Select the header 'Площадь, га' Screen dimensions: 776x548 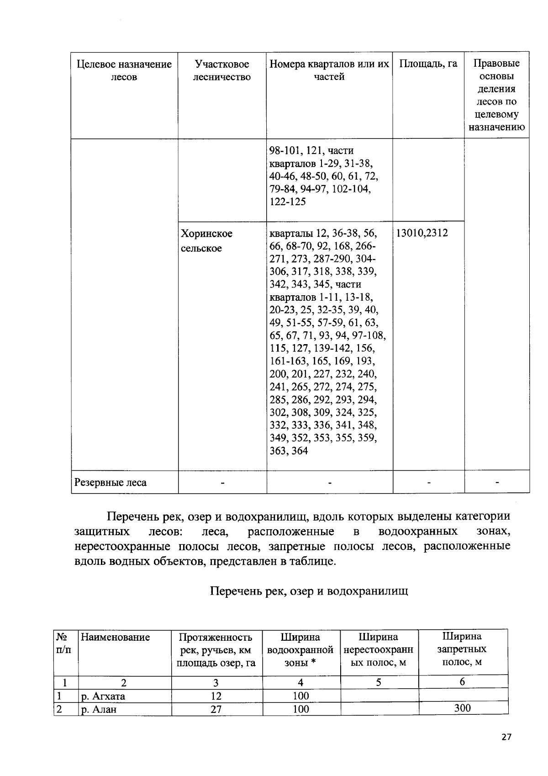tap(428, 64)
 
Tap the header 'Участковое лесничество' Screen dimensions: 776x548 tap(222, 70)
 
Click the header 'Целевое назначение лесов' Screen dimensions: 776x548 tap(124, 70)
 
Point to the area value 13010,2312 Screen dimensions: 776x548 tap(422, 233)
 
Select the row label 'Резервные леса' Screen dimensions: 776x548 tap(111, 483)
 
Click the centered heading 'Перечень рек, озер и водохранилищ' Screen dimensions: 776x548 tap(309, 591)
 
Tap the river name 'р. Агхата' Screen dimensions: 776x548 tap(103, 696)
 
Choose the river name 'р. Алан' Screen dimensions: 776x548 tap(99, 709)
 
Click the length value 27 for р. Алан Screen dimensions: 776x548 tap(216, 709)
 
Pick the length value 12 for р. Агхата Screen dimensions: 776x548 tap(216, 696)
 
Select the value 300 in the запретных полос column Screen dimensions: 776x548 tap(462, 708)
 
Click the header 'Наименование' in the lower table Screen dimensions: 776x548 tap(115, 637)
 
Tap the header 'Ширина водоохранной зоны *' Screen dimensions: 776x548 tap(300, 649)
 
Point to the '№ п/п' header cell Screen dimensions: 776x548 tap(63, 643)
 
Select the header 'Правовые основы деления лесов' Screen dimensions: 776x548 tap(496, 95)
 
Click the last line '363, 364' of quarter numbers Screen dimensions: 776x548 tap(289, 451)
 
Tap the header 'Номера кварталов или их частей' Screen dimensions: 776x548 tap(329, 70)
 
